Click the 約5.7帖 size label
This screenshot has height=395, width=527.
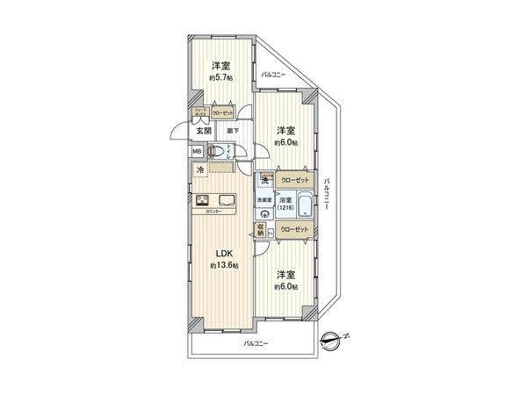pyautogui.click(x=220, y=78)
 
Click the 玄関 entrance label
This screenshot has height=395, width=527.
pyautogui.click(x=203, y=131)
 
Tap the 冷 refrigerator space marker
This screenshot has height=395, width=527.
pyautogui.click(x=200, y=169)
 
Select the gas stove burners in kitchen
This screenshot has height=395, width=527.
pyautogui.click(x=202, y=198)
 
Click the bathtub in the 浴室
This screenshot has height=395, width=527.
pyautogui.click(x=302, y=207)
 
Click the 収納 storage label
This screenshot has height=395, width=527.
pyautogui.click(x=261, y=230)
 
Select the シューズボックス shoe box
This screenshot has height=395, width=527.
pyautogui.click(x=201, y=112)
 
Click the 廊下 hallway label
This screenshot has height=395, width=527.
pyautogui.click(x=230, y=131)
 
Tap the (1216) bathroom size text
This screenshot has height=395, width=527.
pyautogui.click(x=285, y=207)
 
